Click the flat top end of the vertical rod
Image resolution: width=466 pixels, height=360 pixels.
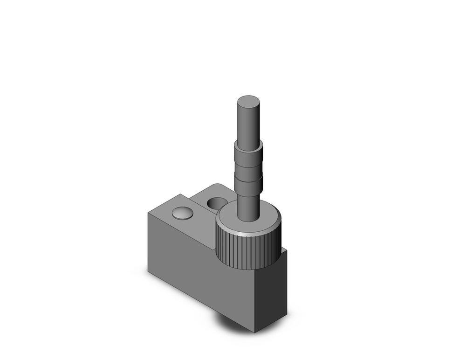(x=248, y=101)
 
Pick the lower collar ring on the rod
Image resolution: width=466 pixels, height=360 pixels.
(x=248, y=182)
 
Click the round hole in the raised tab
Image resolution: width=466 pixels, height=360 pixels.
(x=216, y=203)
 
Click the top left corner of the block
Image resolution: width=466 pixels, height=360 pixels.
(x=149, y=213)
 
